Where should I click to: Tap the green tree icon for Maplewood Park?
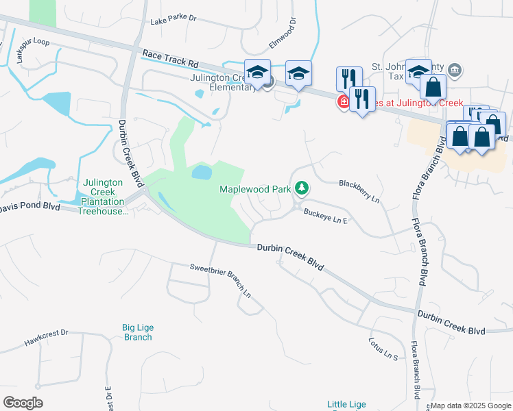coord(301,188)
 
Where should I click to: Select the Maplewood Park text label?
coord(255,188)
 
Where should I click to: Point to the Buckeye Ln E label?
coord(326,216)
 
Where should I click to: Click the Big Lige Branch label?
coord(137,332)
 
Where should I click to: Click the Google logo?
coord(23,403)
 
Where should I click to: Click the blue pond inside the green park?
coord(202,172)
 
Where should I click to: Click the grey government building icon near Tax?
coord(456,69)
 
